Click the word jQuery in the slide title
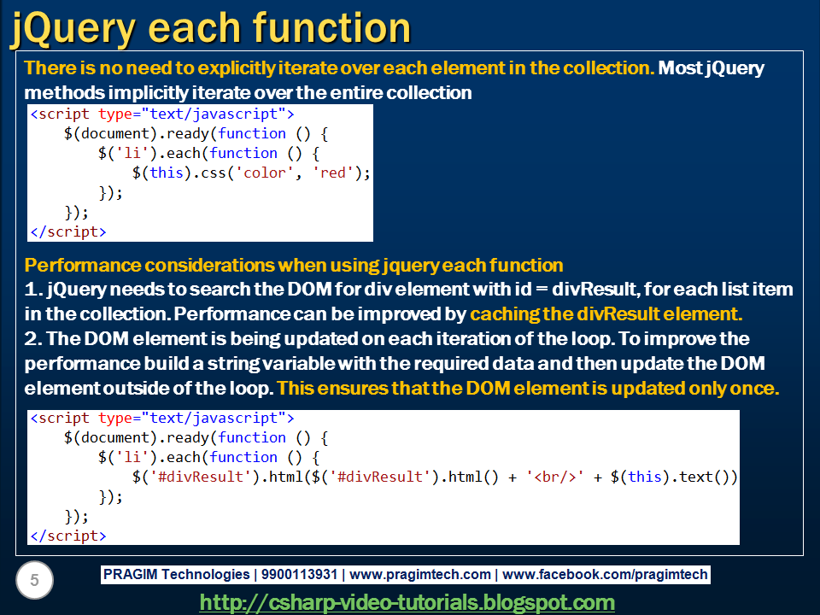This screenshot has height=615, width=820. click(72, 29)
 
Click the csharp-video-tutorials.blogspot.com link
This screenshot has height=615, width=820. click(407, 602)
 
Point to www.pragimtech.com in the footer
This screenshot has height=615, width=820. click(420, 575)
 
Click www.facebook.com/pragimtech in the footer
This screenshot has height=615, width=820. click(606, 575)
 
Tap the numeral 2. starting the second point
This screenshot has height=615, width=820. click(34, 338)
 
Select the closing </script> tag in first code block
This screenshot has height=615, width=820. click(68, 231)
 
